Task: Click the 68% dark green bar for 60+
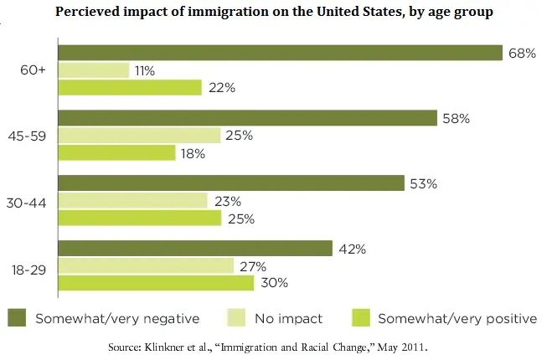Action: tap(281, 53)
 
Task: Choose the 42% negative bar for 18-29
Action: tap(197, 248)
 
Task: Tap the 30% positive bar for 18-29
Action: tap(157, 283)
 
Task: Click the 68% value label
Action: tap(521, 54)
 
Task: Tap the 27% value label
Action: tap(254, 265)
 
